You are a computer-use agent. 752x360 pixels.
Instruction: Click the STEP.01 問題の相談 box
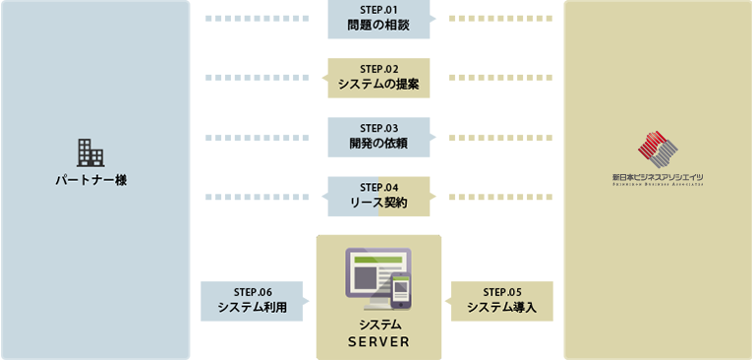378,19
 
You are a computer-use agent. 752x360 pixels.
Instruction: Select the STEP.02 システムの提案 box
378,78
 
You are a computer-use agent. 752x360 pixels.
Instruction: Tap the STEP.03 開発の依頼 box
378,137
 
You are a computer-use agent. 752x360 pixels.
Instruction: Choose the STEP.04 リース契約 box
378,196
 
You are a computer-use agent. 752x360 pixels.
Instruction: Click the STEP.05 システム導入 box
502,301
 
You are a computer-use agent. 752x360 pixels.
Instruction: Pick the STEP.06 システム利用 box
252,301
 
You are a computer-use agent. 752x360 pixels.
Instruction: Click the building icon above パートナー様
90,152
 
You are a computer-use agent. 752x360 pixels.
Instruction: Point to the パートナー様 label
90,181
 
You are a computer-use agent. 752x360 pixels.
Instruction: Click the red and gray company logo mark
658,149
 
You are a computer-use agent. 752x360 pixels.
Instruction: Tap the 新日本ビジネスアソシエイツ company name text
658,178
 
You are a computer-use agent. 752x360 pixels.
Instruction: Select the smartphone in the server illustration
400,290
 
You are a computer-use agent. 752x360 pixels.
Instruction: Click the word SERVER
378,342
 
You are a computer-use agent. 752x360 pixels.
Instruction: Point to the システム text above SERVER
378,325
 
